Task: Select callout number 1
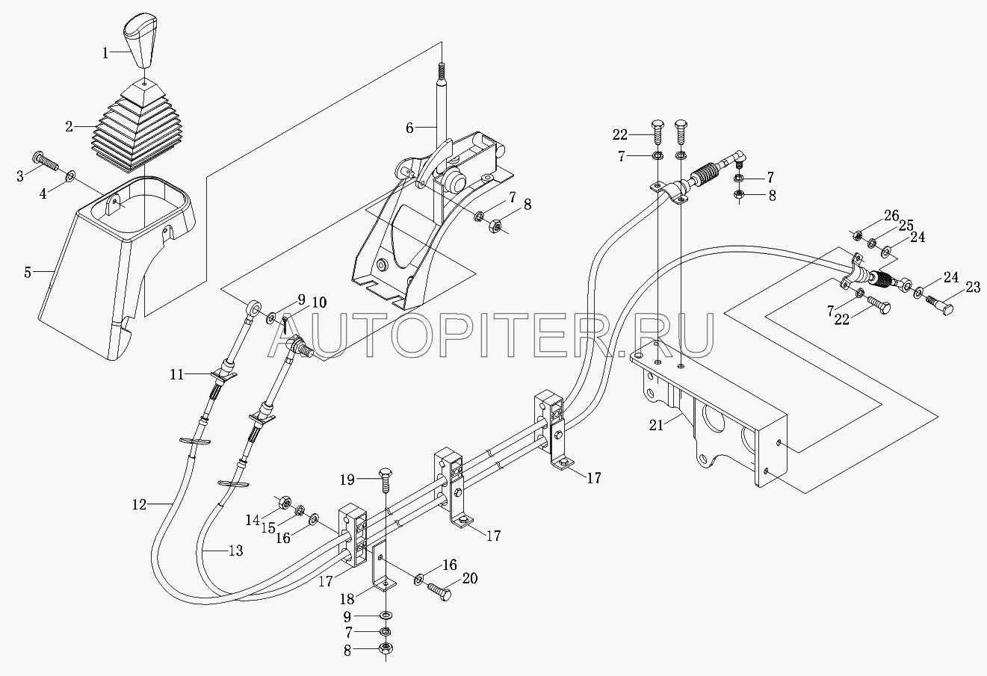click(106, 52)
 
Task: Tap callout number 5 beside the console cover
click(28, 272)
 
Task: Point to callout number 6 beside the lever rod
click(409, 128)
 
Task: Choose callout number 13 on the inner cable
click(235, 552)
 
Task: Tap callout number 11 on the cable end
click(176, 375)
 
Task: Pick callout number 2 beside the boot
click(69, 126)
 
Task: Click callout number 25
click(906, 225)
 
